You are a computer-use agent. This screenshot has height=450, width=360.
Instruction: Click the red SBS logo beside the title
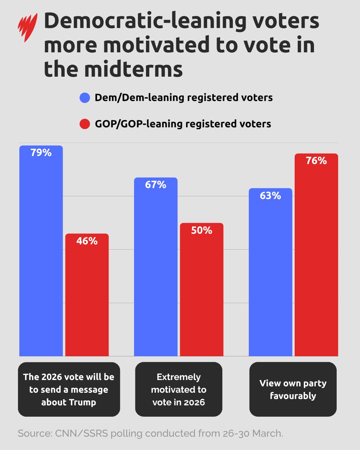(28, 27)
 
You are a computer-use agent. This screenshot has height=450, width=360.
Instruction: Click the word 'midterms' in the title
(133, 69)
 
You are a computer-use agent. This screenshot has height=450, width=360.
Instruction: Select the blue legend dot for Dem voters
(85, 98)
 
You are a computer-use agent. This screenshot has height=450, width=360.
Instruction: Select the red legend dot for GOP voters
(85, 124)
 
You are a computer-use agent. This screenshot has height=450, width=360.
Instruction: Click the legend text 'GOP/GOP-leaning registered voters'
(183, 124)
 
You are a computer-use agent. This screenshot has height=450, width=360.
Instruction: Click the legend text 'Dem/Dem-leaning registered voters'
(183, 98)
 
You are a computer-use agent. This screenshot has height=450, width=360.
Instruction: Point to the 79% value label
(41, 153)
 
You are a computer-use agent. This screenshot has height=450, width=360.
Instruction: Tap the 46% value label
(87, 241)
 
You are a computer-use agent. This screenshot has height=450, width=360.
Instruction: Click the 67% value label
(156, 185)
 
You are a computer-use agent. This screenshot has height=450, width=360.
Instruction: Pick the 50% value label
(202, 230)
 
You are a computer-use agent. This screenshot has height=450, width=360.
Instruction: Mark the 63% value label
(270, 196)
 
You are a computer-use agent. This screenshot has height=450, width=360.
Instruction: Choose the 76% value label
(316, 161)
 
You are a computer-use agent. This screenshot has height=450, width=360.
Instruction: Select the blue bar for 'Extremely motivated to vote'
(156, 273)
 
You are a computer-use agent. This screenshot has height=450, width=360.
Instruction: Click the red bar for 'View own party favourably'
(316, 260)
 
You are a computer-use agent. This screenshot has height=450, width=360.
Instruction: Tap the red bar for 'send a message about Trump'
(87, 300)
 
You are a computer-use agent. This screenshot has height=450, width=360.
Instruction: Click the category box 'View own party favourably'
(293, 389)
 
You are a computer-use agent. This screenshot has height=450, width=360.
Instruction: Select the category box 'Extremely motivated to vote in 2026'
(179, 389)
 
